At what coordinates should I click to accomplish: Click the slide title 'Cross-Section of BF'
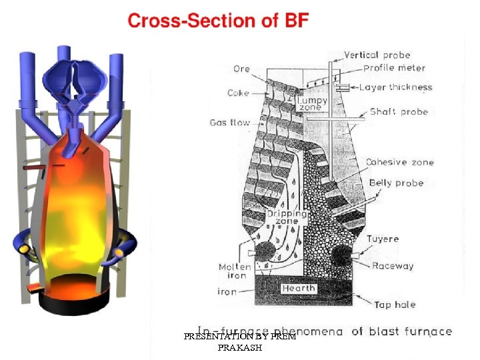coord(218,21)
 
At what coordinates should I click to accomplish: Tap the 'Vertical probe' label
coord(377,55)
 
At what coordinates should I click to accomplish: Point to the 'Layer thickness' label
coord(395,87)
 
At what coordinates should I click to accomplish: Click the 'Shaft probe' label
coord(395,111)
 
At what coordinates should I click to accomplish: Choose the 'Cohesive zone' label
coord(399,162)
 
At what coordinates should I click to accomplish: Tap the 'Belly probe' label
coord(396,183)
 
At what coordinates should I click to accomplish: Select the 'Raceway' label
coord(393,265)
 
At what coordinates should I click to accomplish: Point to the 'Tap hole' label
coord(395,305)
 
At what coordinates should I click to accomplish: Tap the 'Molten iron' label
coord(235,271)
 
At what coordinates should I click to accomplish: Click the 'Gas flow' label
coord(230,123)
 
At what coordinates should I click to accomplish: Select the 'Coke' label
coord(238,93)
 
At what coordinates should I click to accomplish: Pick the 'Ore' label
coord(242,69)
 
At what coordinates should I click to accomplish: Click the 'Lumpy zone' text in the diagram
coord(313,103)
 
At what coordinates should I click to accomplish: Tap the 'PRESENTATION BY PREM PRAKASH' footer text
coord(240,342)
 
